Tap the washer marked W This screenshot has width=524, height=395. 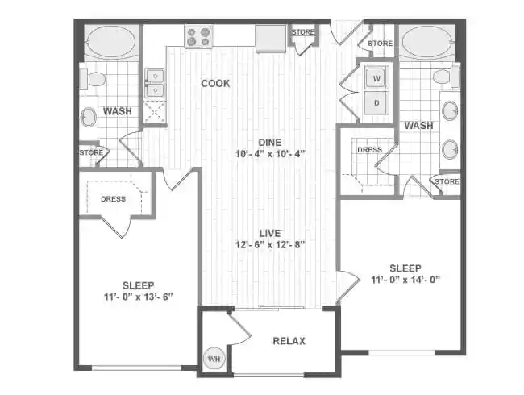point(376,78)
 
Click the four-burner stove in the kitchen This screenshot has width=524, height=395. point(198,37)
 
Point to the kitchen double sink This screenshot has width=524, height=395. point(155,82)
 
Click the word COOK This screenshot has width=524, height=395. point(215,83)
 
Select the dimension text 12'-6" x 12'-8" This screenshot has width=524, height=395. point(269,245)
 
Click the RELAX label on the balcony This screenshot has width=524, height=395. point(289,341)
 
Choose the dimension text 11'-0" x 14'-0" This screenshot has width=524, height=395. point(405,280)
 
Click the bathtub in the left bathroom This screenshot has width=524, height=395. point(110,42)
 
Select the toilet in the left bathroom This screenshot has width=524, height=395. point(94,79)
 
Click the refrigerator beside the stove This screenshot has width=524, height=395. point(270,38)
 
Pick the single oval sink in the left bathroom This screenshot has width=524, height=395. point(89,118)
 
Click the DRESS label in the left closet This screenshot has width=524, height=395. point(113,198)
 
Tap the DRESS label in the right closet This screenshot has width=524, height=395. point(369,149)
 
